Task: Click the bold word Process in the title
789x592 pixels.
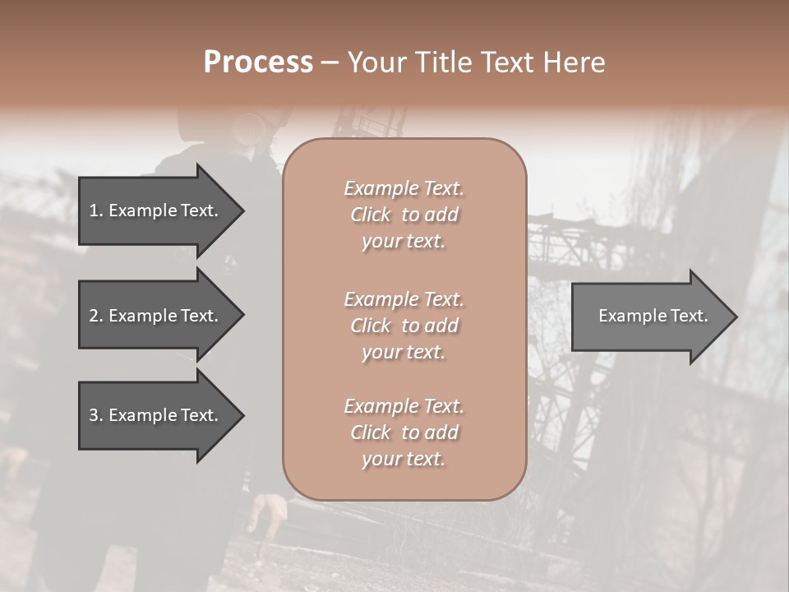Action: [258, 62]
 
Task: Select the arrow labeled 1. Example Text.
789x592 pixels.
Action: [156, 210]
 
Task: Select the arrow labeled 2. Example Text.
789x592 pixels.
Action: [156, 316]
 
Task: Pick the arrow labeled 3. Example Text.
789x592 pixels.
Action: [156, 415]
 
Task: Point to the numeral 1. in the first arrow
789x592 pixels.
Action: [95, 210]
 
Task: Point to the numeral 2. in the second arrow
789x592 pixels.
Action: [95, 316]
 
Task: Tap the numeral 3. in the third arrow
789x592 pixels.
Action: [95, 415]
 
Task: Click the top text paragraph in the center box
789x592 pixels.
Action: [404, 215]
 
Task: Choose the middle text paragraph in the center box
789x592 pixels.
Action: [404, 325]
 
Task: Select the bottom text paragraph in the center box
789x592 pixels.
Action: [404, 432]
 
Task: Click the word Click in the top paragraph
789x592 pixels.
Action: [370, 215]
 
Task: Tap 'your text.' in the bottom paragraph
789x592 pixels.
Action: [404, 459]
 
